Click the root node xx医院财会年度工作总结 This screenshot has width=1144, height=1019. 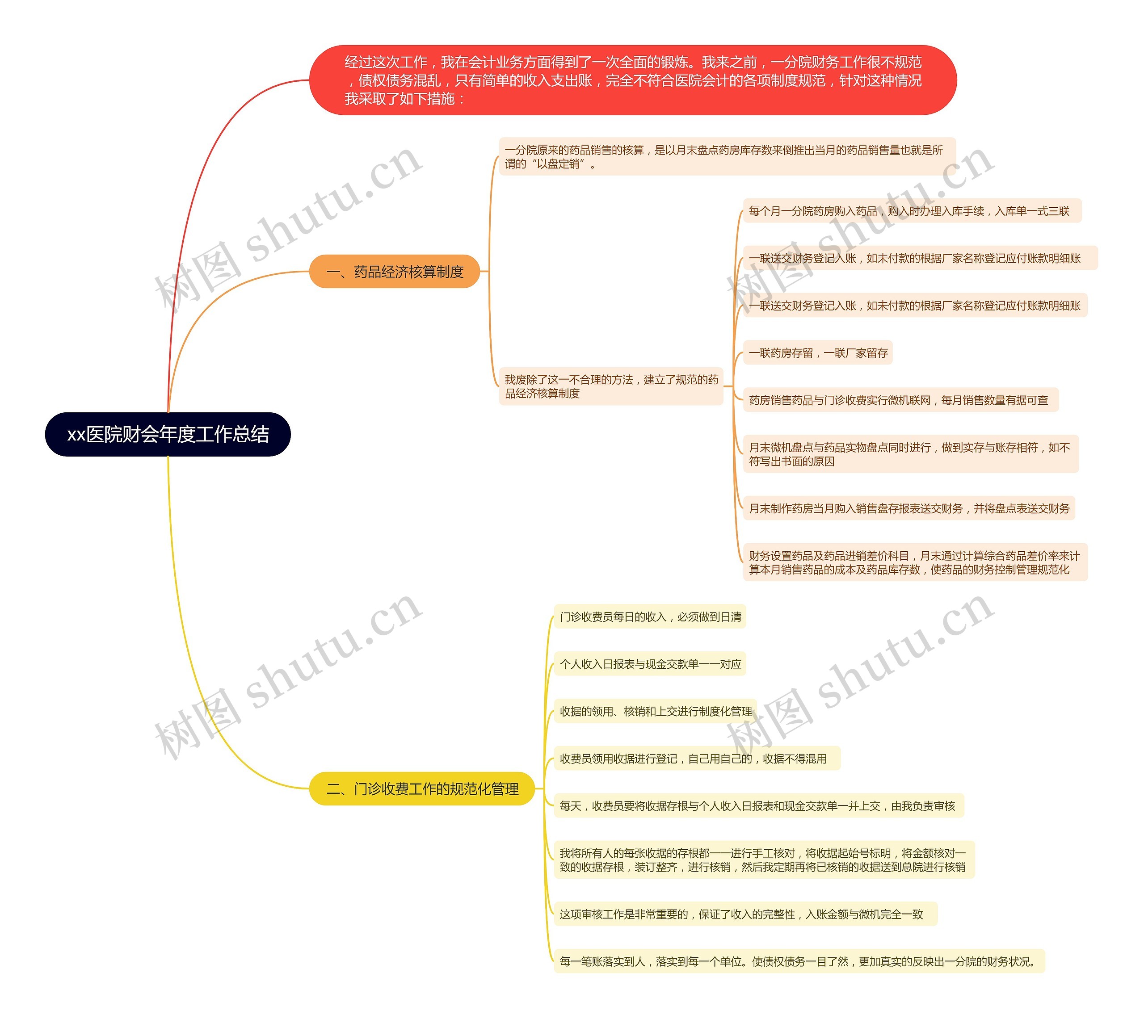pos(168,435)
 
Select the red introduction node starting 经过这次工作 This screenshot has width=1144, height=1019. pos(632,80)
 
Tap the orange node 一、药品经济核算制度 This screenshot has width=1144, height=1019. pos(394,272)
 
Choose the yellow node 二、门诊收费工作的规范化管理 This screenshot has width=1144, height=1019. pos(422,789)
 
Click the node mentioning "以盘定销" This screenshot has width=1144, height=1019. pos(726,157)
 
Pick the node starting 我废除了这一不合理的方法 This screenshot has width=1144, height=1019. pos(611,386)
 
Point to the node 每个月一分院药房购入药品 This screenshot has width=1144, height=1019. pos(912,211)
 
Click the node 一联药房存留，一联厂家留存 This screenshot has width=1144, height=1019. pos(817,353)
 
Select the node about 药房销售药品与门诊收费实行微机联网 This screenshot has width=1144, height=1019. pos(900,400)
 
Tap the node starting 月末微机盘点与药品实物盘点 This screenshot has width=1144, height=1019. pos(910,454)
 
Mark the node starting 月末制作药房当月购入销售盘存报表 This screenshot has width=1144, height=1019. pos(908,508)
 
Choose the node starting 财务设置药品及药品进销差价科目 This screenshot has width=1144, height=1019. pos(915,562)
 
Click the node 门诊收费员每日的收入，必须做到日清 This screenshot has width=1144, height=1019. pos(650,616)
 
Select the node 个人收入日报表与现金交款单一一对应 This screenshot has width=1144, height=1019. pos(650,664)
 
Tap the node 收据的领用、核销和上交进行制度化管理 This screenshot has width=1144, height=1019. pos(655,711)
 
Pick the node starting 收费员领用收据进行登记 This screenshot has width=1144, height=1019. pos(697,759)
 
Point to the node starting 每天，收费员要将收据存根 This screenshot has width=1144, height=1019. pos(758,805)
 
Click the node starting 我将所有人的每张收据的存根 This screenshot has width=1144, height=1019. pos(764,860)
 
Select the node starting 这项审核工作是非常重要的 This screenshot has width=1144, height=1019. pos(745,914)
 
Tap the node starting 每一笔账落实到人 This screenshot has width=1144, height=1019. pos(799,961)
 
